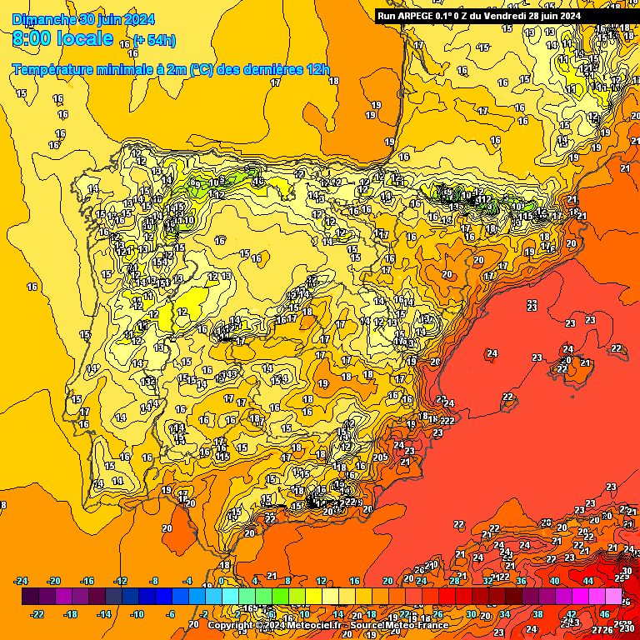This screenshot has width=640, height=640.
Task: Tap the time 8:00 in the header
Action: [31, 39]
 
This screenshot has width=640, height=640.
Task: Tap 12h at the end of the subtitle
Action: [317, 70]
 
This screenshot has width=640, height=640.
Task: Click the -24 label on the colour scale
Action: [22, 581]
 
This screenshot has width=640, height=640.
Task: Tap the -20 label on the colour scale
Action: [55, 581]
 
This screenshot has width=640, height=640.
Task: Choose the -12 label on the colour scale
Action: [122, 581]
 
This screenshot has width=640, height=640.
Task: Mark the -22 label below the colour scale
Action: [38, 614]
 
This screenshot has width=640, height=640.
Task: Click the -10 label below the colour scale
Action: [138, 614]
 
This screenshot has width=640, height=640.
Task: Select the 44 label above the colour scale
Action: [587, 581]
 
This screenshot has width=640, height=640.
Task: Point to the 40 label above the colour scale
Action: [555, 581]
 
